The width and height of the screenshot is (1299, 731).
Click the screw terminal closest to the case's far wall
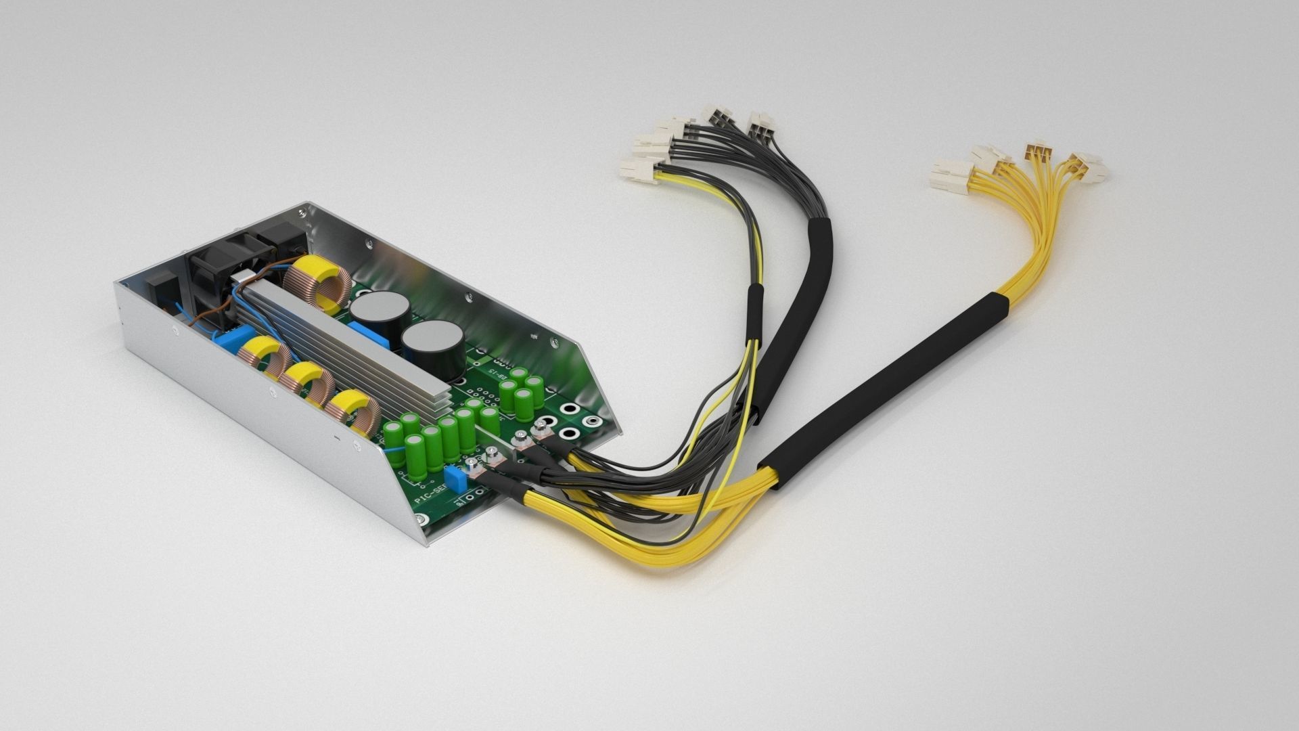tap(541, 427)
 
